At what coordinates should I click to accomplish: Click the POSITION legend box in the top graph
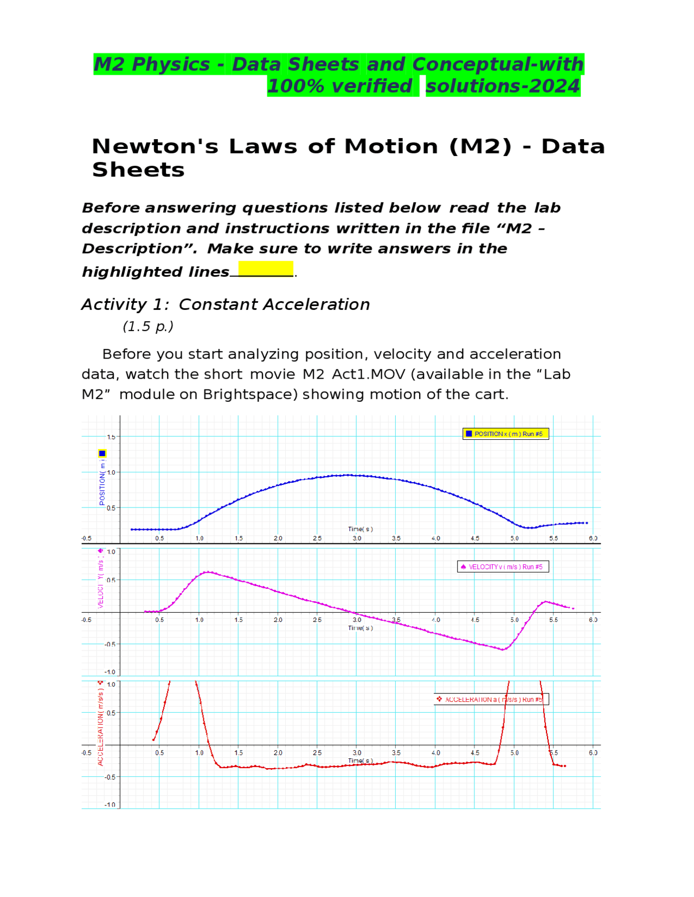(x=505, y=434)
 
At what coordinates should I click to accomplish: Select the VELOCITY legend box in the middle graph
(x=503, y=567)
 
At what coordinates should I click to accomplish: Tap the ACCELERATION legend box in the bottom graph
(x=491, y=699)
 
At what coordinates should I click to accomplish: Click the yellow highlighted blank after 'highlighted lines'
(x=266, y=269)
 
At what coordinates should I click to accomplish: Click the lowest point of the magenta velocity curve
(x=503, y=649)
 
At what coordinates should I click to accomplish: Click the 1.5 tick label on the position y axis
(x=111, y=437)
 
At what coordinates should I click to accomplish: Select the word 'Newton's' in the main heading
(x=155, y=147)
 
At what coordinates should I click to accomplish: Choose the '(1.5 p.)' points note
(x=148, y=327)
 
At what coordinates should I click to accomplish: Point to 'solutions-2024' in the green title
(x=503, y=86)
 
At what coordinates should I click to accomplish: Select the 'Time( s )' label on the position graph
(x=360, y=529)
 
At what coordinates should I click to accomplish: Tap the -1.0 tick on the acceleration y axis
(x=110, y=804)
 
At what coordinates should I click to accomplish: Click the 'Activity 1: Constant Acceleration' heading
(x=226, y=304)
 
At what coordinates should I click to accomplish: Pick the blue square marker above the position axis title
(x=102, y=453)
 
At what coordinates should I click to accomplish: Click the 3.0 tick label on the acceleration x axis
(x=356, y=753)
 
